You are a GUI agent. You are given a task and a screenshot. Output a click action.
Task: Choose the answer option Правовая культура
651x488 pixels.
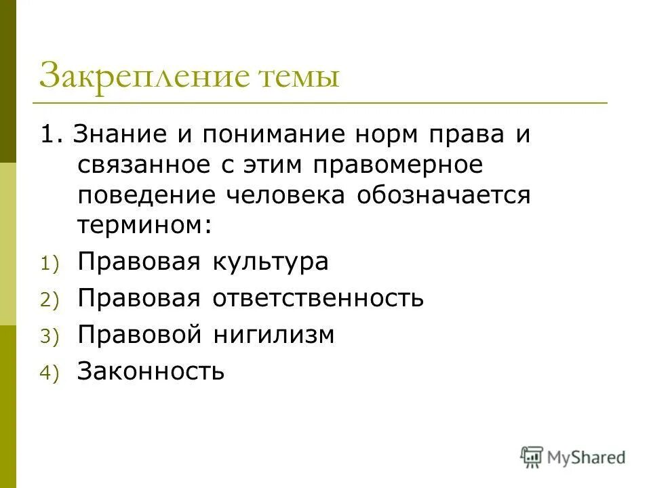click(x=203, y=262)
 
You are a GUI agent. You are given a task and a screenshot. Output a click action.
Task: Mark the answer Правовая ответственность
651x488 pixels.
click(x=251, y=298)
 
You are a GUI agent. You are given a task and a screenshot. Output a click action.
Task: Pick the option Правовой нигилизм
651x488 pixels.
click(x=206, y=335)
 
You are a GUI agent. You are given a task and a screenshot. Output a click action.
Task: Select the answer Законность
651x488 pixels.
click(x=151, y=371)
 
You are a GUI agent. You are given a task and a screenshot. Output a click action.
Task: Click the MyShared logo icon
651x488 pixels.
click(x=532, y=457)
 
